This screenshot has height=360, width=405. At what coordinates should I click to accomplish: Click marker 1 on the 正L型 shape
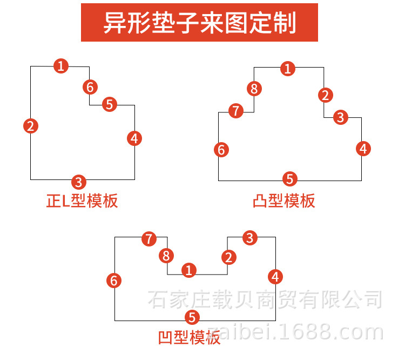[x=61, y=66]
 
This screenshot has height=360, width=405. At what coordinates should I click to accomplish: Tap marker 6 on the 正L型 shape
[x=90, y=87]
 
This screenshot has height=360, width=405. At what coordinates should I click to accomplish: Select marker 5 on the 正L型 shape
[x=110, y=104]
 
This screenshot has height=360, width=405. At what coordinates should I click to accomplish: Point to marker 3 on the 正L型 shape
[x=79, y=182]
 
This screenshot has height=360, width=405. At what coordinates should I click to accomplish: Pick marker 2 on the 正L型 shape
[x=31, y=126]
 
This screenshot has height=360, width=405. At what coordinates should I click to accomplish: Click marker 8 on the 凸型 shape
[x=254, y=89]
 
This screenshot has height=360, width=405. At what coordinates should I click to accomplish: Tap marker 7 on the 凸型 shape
[x=236, y=111]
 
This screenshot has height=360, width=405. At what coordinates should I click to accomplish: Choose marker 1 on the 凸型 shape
[x=288, y=69]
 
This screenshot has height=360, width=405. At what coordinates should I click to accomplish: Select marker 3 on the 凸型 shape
[x=341, y=117]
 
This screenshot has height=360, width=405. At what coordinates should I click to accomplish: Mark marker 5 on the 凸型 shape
[x=290, y=179]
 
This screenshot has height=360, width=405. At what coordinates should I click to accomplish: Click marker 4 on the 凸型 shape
[x=363, y=149]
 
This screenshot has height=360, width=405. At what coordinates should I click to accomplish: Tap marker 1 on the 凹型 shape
[x=189, y=270]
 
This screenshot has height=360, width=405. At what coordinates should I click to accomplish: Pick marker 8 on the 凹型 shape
[x=166, y=256]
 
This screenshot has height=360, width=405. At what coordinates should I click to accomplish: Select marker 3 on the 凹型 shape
[x=250, y=238]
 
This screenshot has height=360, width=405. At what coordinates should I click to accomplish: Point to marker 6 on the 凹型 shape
[x=114, y=281]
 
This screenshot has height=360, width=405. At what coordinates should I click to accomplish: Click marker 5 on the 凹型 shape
[x=192, y=317]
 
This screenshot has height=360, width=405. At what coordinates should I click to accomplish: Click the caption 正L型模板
[x=82, y=201]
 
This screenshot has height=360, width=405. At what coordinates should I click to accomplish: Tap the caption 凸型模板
[x=284, y=201]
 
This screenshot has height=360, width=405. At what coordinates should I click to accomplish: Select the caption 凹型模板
[x=190, y=337]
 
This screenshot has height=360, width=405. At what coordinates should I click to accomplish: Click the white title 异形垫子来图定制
[x=200, y=23]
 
